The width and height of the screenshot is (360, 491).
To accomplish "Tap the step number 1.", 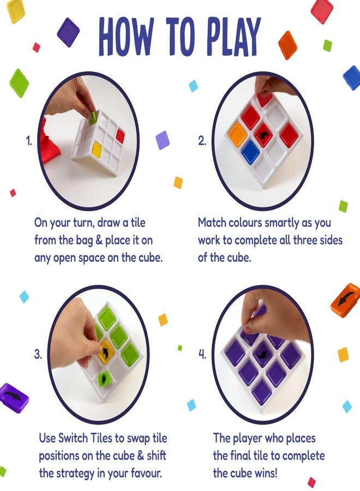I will click(x=29, y=141).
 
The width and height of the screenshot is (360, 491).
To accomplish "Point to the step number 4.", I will click(x=202, y=354).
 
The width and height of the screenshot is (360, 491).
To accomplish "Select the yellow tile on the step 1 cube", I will click(x=97, y=148).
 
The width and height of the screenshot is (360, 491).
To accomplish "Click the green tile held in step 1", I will click(x=93, y=116).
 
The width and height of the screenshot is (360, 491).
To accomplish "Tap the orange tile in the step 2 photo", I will click(x=238, y=134).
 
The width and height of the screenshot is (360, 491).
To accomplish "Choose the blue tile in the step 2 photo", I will click(x=250, y=152).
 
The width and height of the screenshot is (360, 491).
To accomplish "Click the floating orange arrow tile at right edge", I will click(x=345, y=300).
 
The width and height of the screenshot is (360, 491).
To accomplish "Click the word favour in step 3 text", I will click(x=149, y=473).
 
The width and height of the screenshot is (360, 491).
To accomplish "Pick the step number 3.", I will click(x=37, y=354).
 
